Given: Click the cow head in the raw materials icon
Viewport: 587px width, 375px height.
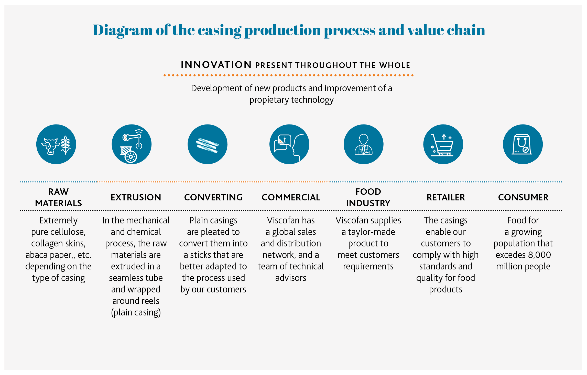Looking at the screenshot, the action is (x=51, y=146).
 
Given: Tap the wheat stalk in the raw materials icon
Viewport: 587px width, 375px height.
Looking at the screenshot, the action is (x=66, y=145).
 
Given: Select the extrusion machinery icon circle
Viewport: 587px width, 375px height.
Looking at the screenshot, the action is (x=132, y=144).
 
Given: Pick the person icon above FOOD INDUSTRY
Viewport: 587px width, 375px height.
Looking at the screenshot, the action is (x=363, y=144).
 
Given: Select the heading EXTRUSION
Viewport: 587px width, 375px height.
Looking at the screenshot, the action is (x=136, y=197).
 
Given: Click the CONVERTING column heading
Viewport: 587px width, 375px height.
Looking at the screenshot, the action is (x=213, y=197).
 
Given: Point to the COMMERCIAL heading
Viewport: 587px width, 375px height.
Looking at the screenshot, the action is (x=291, y=197).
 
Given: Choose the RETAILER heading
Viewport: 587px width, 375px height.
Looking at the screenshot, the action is (x=446, y=197).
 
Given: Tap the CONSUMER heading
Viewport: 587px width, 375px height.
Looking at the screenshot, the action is (x=523, y=197).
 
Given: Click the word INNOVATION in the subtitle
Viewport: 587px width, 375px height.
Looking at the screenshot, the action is (x=216, y=65).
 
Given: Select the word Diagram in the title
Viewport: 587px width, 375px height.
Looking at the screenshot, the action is (x=123, y=30).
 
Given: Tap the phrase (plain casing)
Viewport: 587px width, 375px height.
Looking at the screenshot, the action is (x=136, y=312).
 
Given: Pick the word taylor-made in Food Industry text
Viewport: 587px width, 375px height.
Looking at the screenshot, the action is (x=372, y=232).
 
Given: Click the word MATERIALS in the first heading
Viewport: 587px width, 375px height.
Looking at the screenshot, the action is (x=59, y=203).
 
